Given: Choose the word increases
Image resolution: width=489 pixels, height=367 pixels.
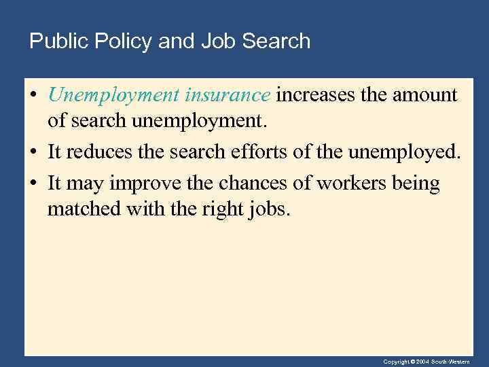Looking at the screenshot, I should [x=315, y=95].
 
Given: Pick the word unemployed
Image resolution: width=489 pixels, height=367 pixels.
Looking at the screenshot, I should [x=403, y=152].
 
